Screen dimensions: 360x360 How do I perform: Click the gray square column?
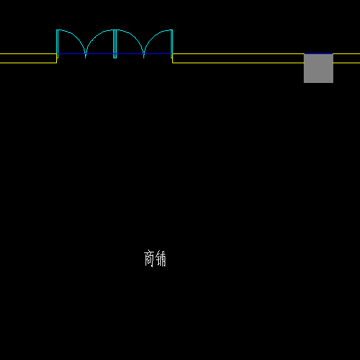click(x=319, y=68)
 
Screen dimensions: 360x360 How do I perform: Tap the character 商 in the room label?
click(x=149, y=259)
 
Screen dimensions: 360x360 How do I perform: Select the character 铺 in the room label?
click(x=161, y=259)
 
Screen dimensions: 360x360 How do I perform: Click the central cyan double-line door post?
click(x=115, y=44)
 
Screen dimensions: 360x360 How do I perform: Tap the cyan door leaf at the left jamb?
click(x=57, y=44)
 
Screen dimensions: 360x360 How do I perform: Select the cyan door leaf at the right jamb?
click(x=172, y=44)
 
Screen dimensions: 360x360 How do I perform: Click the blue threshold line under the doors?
click(x=115, y=54)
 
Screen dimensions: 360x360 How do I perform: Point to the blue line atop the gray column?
click(x=319, y=54)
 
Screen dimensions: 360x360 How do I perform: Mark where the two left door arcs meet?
click(x=86, y=56)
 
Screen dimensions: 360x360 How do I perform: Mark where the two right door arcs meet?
click(x=144, y=56)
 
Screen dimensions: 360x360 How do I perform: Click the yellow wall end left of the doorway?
click(x=57, y=58)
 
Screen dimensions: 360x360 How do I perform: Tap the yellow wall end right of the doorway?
click(x=173, y=58)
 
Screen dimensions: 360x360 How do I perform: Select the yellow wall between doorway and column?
click(x=238, y=58)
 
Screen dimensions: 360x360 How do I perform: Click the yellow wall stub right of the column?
click(x=347, y=58)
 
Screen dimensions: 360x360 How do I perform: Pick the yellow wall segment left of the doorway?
click(x=28, y=58)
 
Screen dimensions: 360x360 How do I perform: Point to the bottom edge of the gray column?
click(x=319, y=82)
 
